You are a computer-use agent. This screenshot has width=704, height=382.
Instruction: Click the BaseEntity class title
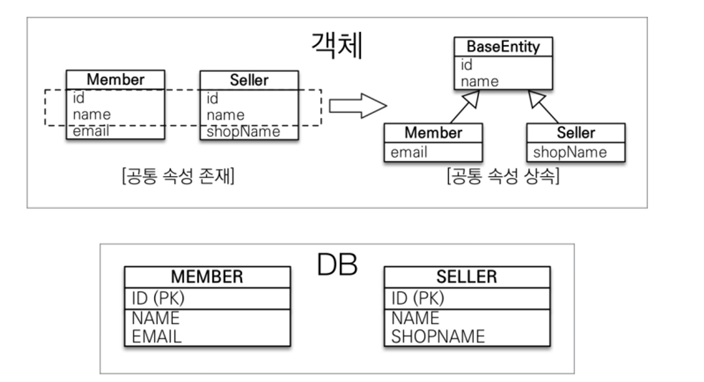point(503,47)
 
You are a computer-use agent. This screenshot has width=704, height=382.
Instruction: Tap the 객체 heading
point(337,46)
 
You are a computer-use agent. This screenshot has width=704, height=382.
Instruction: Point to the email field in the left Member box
point(91,131)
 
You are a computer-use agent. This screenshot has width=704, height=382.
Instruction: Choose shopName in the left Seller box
point(243,132)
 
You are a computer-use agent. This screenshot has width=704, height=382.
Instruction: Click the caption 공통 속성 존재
point(178,176)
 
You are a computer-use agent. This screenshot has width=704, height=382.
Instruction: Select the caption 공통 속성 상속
point(503,176)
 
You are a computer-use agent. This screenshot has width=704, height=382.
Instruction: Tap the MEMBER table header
point(207,277)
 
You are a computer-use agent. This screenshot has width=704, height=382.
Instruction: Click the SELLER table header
point(467,277)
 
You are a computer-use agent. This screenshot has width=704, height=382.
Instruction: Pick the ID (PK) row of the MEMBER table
point(158,299)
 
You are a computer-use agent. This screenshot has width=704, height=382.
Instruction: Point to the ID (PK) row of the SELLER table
point(418,299)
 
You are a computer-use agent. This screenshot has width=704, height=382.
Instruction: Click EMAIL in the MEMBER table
point(157,337)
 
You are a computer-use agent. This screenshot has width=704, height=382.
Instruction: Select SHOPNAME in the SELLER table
point(438,337)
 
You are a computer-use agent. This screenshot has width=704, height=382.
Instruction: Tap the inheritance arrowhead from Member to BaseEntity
point(472,99)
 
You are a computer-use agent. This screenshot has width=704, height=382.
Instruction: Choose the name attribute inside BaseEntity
point(480,82)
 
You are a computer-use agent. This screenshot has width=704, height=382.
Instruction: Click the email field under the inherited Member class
point(409,152)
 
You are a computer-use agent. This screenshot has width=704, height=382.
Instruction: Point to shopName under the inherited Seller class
point(570,152)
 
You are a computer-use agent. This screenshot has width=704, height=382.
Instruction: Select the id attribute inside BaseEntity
point(467,65)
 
